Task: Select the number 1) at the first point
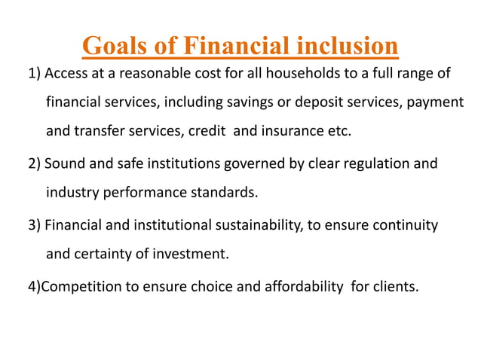(x=35, y=74)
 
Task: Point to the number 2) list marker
(x=35, y=163)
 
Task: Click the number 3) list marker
(x=35, y=225)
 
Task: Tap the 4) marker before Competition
(x=35, y=286)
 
